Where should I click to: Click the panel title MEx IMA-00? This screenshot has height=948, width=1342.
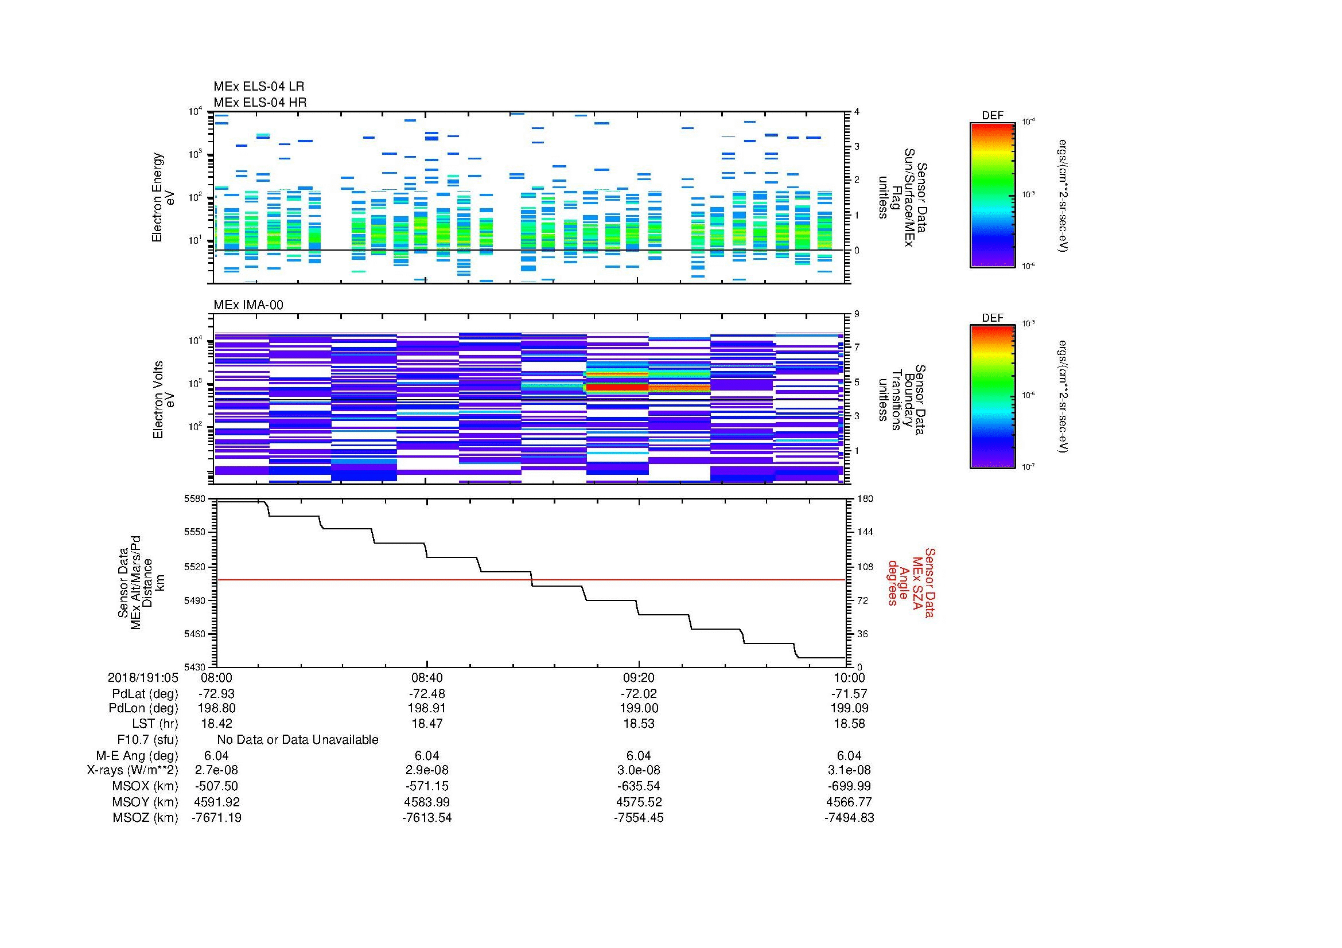click(248, 305)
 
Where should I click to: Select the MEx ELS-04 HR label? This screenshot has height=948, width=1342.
click(259, 102)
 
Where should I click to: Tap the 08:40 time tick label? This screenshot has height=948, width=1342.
click(427, 677)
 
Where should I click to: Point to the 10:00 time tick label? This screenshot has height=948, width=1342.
click(849, 677)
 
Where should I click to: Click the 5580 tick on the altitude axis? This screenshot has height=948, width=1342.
click(194, 499)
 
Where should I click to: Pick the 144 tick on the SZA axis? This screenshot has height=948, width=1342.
click(865, 532)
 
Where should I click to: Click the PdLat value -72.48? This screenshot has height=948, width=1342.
click(427, 694)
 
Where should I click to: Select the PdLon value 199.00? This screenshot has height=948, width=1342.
click(638, 708)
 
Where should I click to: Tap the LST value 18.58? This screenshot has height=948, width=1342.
click(849, 724)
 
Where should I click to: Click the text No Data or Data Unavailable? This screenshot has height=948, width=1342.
click(298, 740)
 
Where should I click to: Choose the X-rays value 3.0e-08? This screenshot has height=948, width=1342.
click(638, 770)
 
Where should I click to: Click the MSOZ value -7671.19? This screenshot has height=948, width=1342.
click(216, 818)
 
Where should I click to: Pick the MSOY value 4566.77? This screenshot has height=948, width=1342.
click(849, 802)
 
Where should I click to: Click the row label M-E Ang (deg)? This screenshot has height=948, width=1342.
click(137, 755)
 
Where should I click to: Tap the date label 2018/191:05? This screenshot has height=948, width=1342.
click(143, 677)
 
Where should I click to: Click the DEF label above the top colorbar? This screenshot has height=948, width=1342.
click(993, 116)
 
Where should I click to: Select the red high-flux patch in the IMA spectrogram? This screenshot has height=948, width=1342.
click(617, 387)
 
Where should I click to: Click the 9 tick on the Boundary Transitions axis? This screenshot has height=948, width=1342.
click(857, 314)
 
